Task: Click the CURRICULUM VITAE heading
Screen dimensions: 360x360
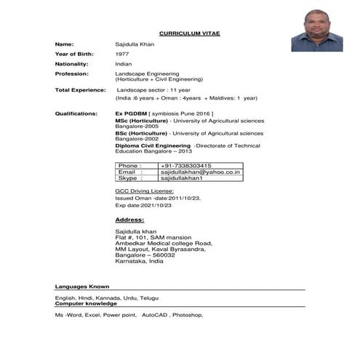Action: click(x=189, y=33)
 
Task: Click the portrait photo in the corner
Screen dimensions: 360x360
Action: click(x=317, y=30)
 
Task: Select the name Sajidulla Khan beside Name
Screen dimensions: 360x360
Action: click(x=135, y=44)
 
